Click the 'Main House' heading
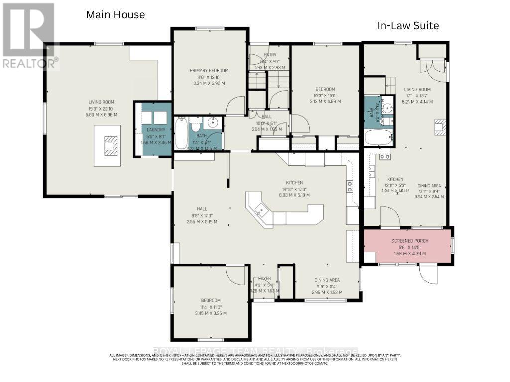tap(116, 15)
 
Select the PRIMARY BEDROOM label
tap(209, 70)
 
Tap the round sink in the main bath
tap(214, 122)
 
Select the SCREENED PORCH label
tap(407, 241)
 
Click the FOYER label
tap(264, 279)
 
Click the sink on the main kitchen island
tap(260, 211)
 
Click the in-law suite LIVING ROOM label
tap(417, 90)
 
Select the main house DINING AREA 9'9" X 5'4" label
tap(326, 280)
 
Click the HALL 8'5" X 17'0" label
tap(202, 209)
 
